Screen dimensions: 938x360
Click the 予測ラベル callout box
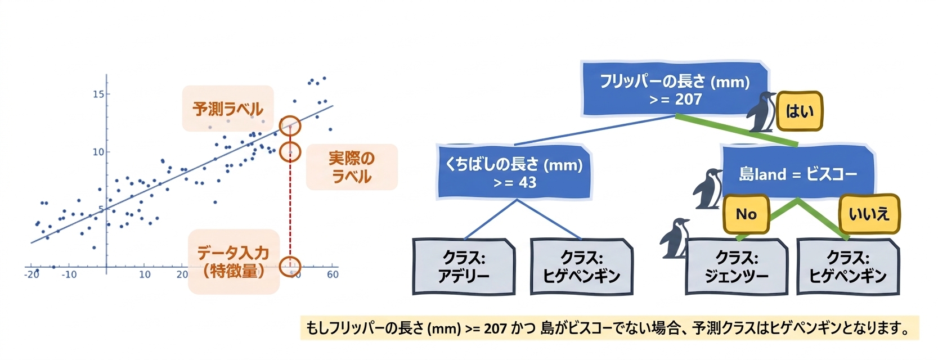pos(228,109)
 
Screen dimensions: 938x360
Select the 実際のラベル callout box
pos(352,167)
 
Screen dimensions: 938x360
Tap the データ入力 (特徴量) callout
pos(234,262)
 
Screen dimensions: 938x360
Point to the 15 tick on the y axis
pos(99,94)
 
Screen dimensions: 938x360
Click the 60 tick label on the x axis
pos(333,274)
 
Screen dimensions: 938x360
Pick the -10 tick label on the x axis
pos(70,274)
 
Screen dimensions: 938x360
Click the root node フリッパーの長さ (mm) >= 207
pos(675,89)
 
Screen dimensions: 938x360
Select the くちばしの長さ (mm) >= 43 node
pos(514,172)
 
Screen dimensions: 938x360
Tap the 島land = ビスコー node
pos(798,172)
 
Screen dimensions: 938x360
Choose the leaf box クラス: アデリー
pos(464,267)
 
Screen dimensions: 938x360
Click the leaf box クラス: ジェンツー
pos(737,267)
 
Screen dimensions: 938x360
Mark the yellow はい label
pos(800,111)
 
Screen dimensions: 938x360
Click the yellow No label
pos(746,214)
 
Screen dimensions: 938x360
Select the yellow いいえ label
pos(869,214)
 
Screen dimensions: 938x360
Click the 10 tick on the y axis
pos(99,152)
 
